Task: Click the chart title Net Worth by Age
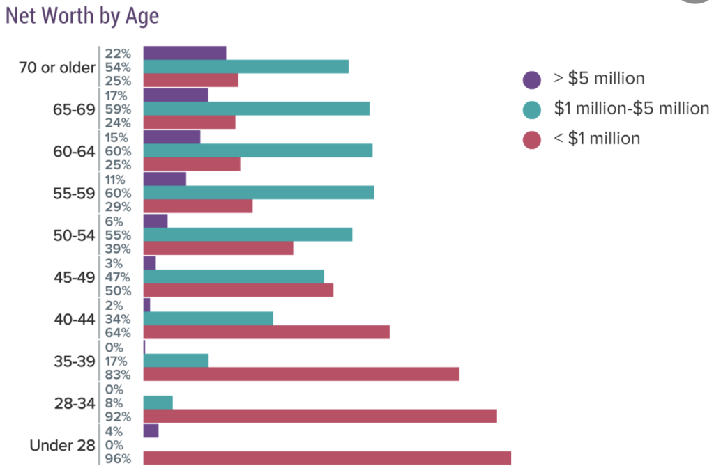click(82, 17)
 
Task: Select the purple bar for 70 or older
click(185, 53)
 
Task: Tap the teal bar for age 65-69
click(256, 109)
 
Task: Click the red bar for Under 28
click(326, 458)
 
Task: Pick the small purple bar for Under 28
click(151, 431)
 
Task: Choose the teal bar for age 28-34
click(158, 403)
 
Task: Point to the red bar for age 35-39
click(301, 374)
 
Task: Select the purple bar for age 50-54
click(155, 221)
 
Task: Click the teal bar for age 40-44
click(208, 318)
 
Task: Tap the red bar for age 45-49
click(238, 290)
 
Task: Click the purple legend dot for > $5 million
click(532, 79)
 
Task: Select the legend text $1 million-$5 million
click(631, 109)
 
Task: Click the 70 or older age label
click(57, 68)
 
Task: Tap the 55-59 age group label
click(74, 193)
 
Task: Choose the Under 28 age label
click(62, 445)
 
